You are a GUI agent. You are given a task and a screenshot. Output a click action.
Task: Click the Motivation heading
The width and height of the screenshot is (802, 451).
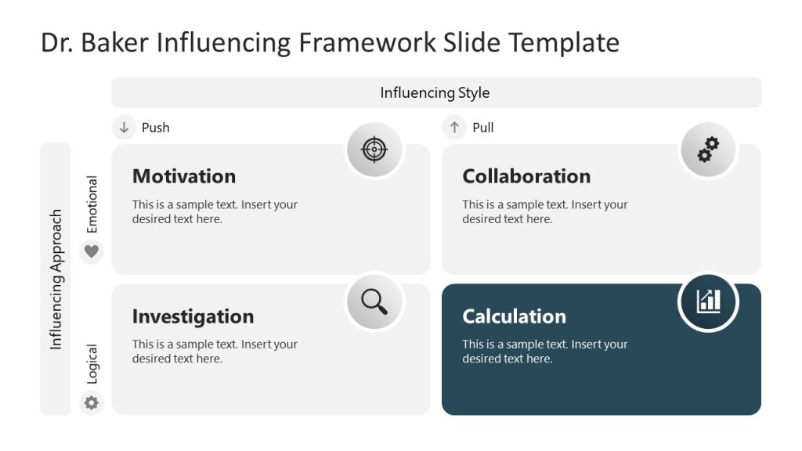183,176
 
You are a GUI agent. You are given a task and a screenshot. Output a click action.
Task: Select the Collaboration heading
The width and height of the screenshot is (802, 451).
526,176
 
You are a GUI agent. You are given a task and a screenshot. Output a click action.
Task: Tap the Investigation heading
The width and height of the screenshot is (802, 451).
193,316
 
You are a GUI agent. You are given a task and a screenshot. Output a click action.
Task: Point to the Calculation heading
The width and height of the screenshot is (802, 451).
514,316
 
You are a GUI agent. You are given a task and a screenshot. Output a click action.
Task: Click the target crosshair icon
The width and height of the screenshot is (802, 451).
374,149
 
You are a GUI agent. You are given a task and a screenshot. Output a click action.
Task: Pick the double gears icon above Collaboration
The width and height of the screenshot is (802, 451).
708,149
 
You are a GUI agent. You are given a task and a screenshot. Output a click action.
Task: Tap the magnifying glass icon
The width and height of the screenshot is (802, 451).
374,301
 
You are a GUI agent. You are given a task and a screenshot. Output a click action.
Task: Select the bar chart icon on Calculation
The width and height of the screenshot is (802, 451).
708,301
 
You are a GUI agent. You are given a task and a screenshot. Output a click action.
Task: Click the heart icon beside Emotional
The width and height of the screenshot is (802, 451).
92,251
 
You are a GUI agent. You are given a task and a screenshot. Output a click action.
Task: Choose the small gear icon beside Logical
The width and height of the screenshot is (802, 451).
92,402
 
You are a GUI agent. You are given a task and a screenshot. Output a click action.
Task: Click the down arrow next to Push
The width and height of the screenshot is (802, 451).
124,127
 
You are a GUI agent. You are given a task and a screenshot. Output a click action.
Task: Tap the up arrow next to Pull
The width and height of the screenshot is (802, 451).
454,127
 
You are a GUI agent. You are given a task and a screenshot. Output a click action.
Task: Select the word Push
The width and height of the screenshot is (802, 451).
155,128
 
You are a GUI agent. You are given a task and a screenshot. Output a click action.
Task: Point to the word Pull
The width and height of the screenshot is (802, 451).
483,128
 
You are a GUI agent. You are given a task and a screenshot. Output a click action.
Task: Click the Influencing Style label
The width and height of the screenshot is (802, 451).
435,92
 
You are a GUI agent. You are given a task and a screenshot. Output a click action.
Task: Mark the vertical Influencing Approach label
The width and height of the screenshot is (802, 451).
56,279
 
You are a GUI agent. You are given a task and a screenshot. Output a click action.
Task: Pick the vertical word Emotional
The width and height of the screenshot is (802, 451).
92,204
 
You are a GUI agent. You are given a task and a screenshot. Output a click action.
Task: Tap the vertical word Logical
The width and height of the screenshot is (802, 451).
92,364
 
